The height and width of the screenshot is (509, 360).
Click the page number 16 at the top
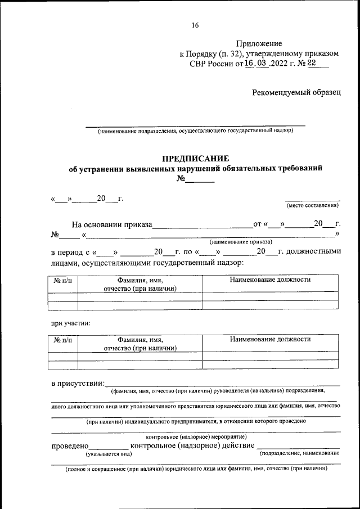[195, 25]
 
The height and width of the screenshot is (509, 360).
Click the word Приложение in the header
[259, 43]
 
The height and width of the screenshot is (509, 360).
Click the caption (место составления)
[312, 205]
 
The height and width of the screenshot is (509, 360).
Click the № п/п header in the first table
[63, 280]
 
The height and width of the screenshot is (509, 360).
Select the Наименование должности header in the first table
[271, 280]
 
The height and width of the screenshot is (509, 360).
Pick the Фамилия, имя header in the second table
[140, 340]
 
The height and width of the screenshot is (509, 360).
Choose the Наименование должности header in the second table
[271, 339]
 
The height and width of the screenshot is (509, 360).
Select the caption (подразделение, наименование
[300, 453]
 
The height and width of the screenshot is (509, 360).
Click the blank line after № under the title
[200, 180]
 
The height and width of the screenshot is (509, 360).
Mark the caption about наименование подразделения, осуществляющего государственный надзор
[195, 131]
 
